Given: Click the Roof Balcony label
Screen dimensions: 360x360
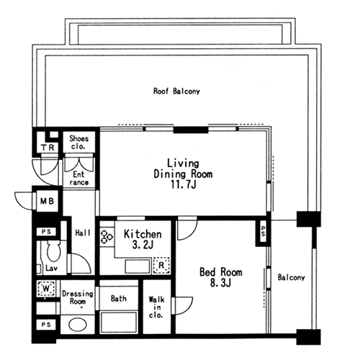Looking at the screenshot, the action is click(x=176, y=91).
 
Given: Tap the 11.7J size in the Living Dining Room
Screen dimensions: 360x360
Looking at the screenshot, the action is click(x=183, y=184).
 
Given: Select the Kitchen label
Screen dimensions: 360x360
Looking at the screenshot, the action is click(x=143, y=234).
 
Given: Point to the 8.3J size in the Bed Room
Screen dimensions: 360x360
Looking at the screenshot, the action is click(x=220, y=283).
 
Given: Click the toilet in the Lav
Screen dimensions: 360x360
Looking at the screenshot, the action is click(x=54, y=251).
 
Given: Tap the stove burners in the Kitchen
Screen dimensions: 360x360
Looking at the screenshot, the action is click(x=107, y=236).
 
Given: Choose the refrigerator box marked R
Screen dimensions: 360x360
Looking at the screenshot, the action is click(x=161, y=265).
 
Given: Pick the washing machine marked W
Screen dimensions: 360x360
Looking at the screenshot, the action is click(x=46, y=288).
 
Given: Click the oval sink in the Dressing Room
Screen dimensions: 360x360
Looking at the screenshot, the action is click(x=78, y=325).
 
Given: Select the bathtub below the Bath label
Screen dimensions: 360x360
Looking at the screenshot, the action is click(x=119, y=322).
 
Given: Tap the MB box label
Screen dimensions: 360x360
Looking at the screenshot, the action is click(x=47, y=201).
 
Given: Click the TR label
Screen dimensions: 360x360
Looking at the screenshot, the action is click(x=48, y=148).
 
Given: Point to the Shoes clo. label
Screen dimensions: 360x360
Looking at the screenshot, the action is click(x=78, y=143).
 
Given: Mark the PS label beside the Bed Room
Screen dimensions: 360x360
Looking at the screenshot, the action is click(x=264, y=231).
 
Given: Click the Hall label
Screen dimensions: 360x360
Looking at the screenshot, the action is click(x=83, y=233).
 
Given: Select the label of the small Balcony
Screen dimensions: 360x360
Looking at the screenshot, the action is click(x=292, y=278).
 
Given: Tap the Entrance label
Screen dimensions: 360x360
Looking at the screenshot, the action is click(x=79, y=178).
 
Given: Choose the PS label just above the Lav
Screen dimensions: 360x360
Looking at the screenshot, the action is click(x=46, y=232).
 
